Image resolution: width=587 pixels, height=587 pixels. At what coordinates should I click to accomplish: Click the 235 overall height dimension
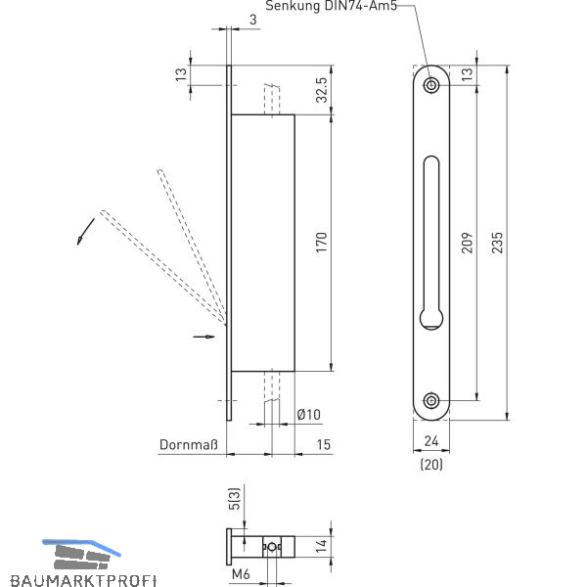coord(498,242)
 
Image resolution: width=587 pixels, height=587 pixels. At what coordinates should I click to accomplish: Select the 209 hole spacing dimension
coord(466,242)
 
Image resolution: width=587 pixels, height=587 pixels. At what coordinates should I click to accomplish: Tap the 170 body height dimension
coord(320,242)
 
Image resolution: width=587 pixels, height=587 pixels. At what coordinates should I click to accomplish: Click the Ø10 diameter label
coord(308,415)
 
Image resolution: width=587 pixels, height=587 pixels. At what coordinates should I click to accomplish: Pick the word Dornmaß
coord(187,445)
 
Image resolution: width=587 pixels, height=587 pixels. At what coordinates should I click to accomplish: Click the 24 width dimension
coord(431,445)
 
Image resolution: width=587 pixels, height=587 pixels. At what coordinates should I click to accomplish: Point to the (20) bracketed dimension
coord(431,465)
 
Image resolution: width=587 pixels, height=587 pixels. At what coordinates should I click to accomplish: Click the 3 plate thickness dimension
coord(253,19)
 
